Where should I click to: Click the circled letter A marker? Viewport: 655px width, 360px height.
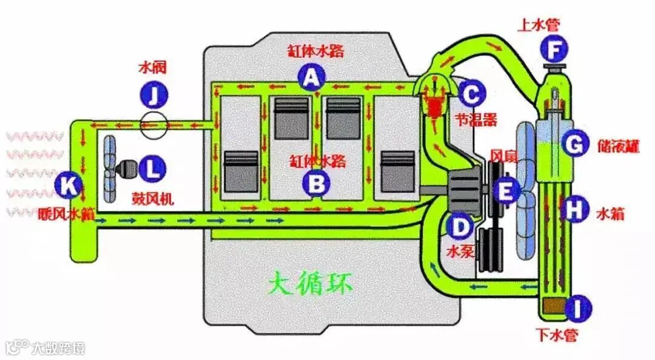coord(311,77)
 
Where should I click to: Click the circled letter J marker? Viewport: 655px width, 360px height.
coord(153,95)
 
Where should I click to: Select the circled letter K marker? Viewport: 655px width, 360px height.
coord(67,187)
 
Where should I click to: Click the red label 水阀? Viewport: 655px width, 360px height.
coord(152,66)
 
